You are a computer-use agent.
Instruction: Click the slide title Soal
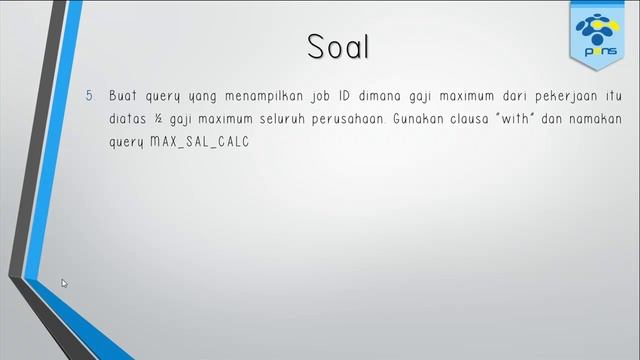tap(339, 47)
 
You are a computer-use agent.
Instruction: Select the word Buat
tap(124, 97)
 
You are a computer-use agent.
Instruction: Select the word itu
tap(613, 97)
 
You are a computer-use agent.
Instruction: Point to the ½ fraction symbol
tap(163, 120)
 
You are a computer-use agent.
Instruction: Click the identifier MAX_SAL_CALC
tap(199, 143)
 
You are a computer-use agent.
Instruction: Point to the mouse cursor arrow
tap(64, 283)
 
